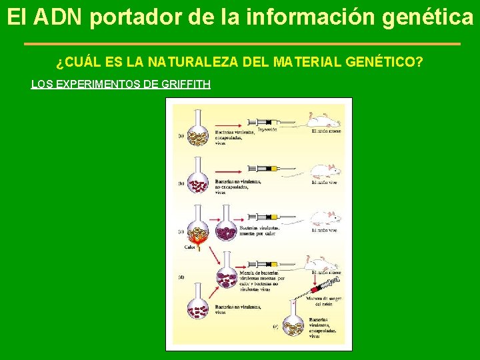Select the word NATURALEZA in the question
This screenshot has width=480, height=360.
[188, 63]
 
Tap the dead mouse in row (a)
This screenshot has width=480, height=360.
[323, 120]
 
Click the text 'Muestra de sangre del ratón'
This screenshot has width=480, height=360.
[326, 302]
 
